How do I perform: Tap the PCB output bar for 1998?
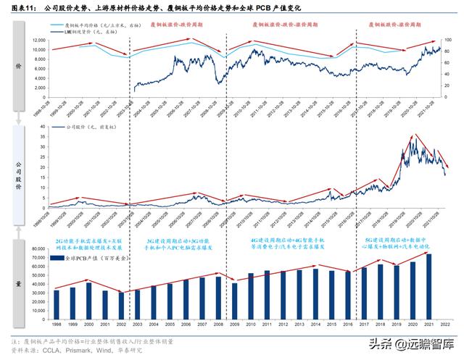(57, 293)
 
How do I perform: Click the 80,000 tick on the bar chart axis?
(38, 249)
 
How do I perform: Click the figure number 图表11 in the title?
(20, 7)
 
